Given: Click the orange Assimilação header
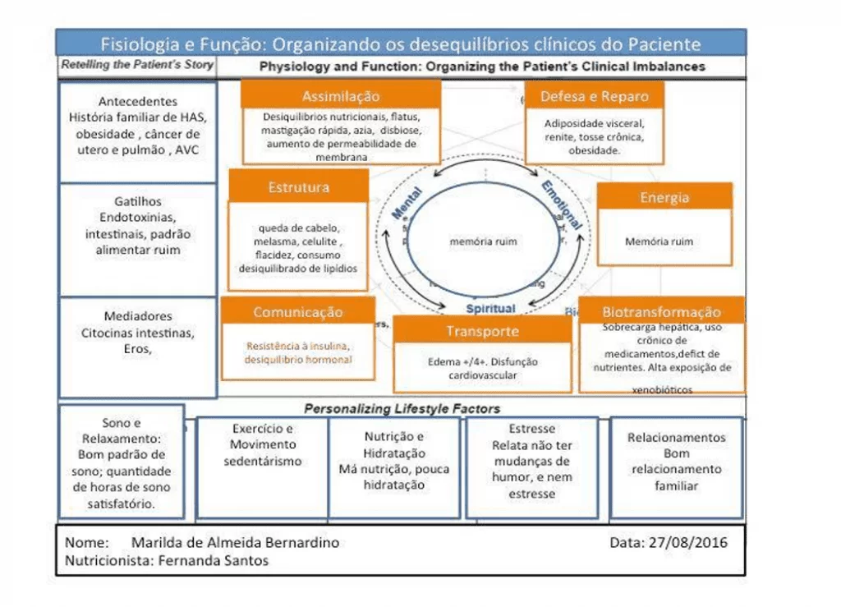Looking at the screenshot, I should tap(341, 95).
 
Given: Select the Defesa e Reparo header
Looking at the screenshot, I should tap(594, 96).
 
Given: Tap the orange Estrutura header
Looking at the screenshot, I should tap(298, 187).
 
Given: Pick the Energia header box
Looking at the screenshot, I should tap(664, 197).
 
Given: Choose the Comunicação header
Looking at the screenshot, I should tap(297, 312).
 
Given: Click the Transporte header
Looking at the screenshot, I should tap(482, 331).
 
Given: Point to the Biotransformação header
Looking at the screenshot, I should tap(661, 312).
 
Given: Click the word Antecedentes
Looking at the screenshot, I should tap(137, 102).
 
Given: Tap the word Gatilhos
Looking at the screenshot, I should tap(138, 201).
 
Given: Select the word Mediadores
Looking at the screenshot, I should tap(138, 316).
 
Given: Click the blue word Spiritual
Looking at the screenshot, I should tap(490, 309).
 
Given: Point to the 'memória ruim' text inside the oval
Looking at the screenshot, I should tap(483, 241).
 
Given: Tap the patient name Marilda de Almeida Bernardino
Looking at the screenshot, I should tap(235, 543).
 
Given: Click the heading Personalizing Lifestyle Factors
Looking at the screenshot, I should tap(402, 408).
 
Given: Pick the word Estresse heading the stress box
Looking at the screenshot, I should tap(531, 429).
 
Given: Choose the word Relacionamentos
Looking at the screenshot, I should tap(676, 438).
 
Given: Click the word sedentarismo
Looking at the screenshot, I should tap(262, 461).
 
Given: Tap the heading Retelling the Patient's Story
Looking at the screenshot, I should tap(137, 65).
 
